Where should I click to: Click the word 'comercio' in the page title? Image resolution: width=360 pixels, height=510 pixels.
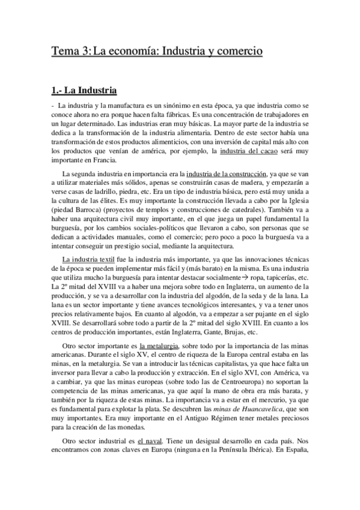(x=237, y=52)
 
